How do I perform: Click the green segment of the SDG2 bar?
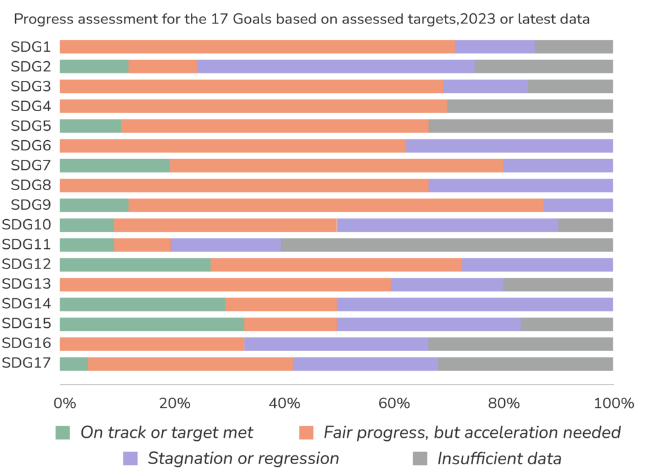pos(94,66)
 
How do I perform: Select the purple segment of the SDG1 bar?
pos(495,47)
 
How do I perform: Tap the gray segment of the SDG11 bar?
pos(447,244)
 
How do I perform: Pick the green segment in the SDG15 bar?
pos(151,324)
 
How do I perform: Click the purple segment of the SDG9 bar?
pos(579,205)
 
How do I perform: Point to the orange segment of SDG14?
pos(281,304)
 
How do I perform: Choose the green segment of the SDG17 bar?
pos(73,364)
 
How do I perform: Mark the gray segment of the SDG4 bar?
pos(530,106)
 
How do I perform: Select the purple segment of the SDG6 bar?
pos(510,146)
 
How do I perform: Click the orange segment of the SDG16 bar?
pos(151,344)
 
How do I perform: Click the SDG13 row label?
pos(28,284)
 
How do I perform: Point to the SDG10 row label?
pos(28,225)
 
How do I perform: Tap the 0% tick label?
pos(64,403)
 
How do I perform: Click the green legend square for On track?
pos(63,433)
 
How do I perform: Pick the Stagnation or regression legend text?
pos(243,459)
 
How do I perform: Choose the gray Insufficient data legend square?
pos(420,459)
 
